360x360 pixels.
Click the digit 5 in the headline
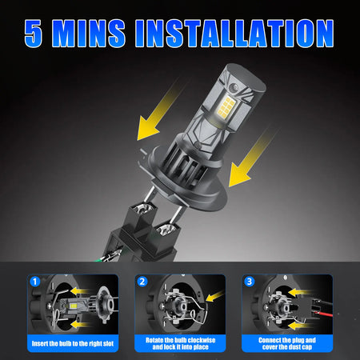pyautogui.click(x=34, y=33)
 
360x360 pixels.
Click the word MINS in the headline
pyautogui.click(x=89, y=33)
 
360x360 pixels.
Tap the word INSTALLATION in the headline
pyautogui.click(x=234, y=33)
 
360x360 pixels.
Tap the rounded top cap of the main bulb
pyautogui.click(x=244, y=76)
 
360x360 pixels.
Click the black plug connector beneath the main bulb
pyautogui.click(x=146, y=234)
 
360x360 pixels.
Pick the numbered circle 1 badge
pyautogui.click(x=34, y=282)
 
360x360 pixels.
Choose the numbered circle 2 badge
pyautogui.click(x=142, y=282)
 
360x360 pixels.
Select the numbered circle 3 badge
pyautogui.click(x=250, y=282)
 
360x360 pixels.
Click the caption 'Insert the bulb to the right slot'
pyautogui.click(x=73, y=343)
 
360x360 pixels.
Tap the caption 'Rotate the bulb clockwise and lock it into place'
pyautogui.click(x=181, y=343)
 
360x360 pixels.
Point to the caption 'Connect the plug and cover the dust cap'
pyautogui.click(x=287, y=343)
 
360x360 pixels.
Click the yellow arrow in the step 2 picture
pyautogui.click(x=214, y=296)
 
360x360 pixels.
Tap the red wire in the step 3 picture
pyautogui.click(x=323, y=314)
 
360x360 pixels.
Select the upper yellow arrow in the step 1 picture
pyautogui.click(x=79, y=291)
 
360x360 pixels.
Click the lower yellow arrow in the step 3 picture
pyautogui.click(x=298, y=326)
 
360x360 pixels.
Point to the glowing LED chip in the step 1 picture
pyautogui.click(x=73, y=306)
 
